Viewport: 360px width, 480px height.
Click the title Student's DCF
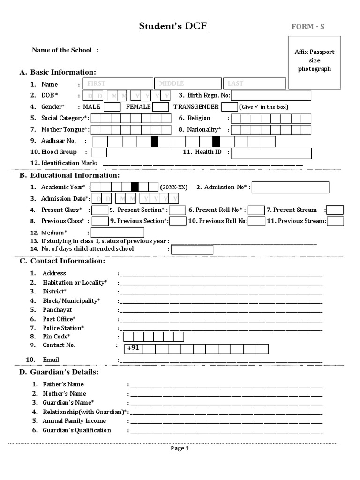(x=172, y=26)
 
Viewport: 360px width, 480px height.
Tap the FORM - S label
(x=307, y=27)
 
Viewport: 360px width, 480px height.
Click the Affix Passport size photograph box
(x=314, y=62)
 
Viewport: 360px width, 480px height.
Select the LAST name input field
(x=255, y=83)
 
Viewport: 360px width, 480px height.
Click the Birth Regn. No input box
(x=271, y=96)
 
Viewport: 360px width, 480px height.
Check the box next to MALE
(x=112, y=107)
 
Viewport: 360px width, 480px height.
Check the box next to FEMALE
(x=161, y=107)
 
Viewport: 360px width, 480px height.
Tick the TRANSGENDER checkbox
(x=229, y=107)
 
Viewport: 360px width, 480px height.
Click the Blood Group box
(x=99, y=152)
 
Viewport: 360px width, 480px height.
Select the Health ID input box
(x=271, y=153)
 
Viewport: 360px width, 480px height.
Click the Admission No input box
(x=290, y=187)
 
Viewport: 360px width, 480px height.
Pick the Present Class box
(x=100, y=210)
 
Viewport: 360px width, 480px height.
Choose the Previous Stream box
(x=335, y=221)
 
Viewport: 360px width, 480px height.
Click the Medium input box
(x=117, y=232)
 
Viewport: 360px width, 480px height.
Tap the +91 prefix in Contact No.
(x=134, y=348)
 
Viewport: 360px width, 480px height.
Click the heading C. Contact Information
(x=62, y=261)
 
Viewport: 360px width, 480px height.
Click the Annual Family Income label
(x=74, y=421)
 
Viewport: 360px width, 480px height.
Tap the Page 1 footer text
(x=180, y=448)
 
